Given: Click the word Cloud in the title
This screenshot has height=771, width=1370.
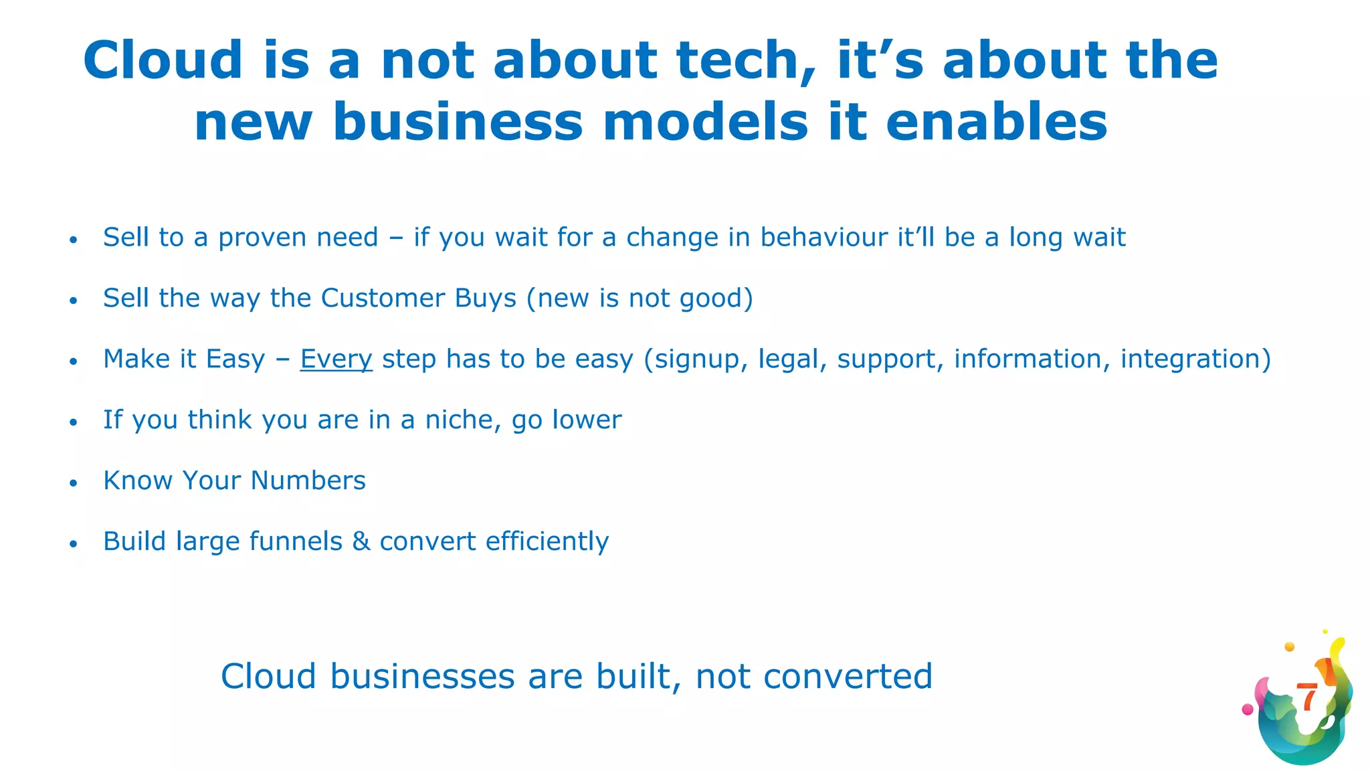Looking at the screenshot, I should click(x=163, y=60).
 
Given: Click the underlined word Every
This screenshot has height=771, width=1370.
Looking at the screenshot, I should click(x=336, y=359).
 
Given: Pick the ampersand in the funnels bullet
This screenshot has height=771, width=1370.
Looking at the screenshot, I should click(x=361, y=541).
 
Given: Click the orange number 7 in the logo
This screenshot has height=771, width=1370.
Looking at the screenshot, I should click(x=1306, y=697).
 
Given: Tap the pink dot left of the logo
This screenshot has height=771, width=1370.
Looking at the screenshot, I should click(x=1248, y=709).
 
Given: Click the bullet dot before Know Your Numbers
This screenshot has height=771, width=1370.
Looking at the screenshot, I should click(x=74, y=483).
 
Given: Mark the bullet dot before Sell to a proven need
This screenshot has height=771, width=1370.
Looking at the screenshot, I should click(x=74, y=240).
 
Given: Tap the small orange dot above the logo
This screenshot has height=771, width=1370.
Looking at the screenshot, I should click(x=1290, y=647).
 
